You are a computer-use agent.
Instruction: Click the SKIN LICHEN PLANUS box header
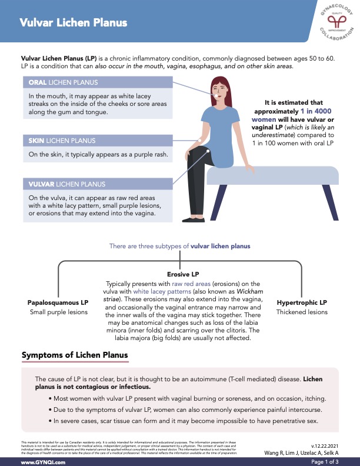point(62,141)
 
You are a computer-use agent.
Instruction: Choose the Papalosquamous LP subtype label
point(58,302)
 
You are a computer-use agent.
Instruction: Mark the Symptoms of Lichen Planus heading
point(74,355)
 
